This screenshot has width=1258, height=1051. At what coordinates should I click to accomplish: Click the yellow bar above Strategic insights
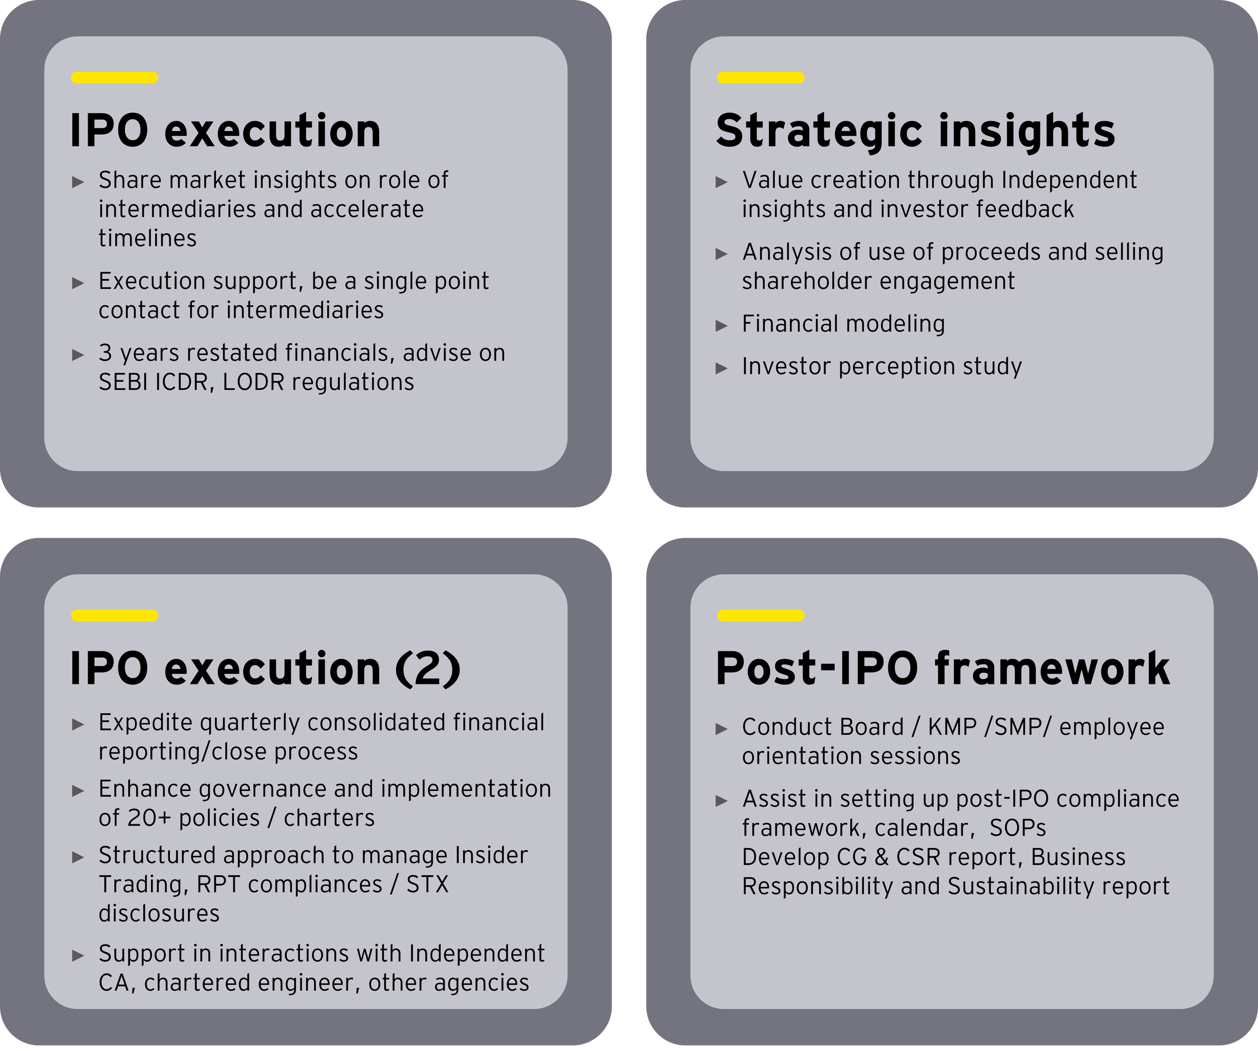[x=760, y=77]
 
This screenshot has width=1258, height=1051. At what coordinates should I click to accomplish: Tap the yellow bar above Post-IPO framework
[x=760, y=615]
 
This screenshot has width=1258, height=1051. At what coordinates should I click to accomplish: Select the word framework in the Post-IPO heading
[x=1052, y=668]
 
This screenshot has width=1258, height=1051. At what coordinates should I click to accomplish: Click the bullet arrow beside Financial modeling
[x=722, y=325]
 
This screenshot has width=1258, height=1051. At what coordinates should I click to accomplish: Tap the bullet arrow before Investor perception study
[x=722, y=368]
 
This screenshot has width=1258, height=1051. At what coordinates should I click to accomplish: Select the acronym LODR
[x=257, y=382]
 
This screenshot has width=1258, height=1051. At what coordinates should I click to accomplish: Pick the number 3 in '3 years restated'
[x=105, y=353]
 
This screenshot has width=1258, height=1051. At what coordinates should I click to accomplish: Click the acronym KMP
[x=952, y=727]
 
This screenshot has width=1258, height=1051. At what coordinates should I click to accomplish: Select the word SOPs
[x=1018, y=828]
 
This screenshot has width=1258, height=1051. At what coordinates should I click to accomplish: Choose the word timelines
[x=147, y=239]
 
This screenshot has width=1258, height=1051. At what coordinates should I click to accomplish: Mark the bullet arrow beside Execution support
[x=78, y=283]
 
